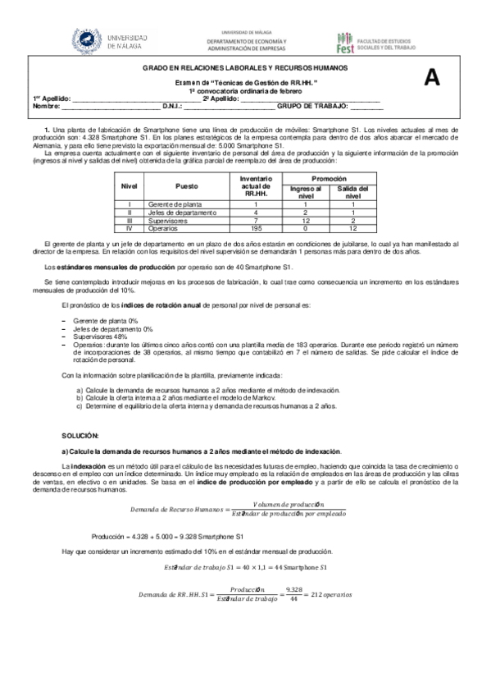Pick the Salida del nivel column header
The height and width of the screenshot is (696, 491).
click(x=352, y=193)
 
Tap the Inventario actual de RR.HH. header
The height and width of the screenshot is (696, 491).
click(x=257, y=186)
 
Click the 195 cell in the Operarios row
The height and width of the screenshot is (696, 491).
click(x=257, y=227)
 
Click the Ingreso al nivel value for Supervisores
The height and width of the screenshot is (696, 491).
click(x=305, y=220)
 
